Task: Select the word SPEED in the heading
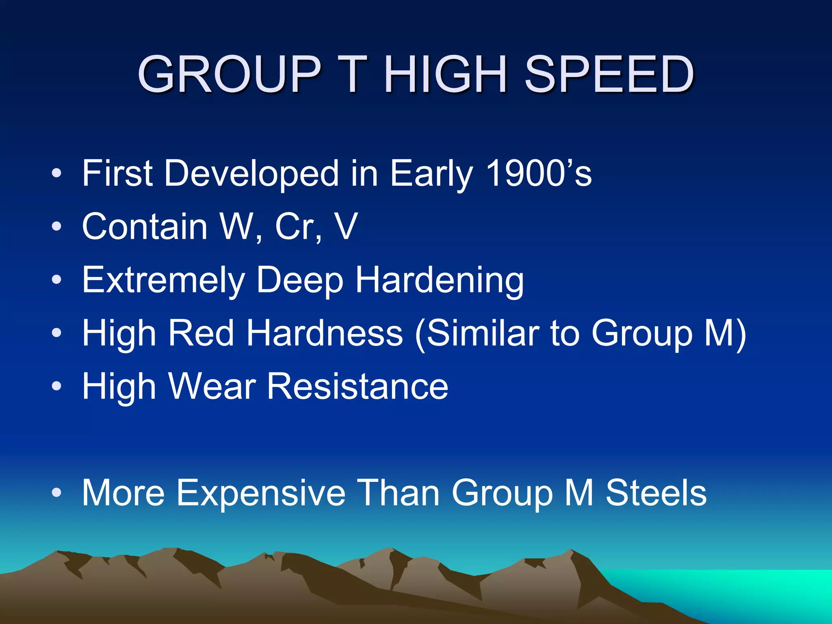(609, 74)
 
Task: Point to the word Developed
(251, 174)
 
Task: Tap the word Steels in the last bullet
(656, 493)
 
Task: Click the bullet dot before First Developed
(56, 174)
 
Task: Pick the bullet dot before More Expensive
(56, 493)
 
